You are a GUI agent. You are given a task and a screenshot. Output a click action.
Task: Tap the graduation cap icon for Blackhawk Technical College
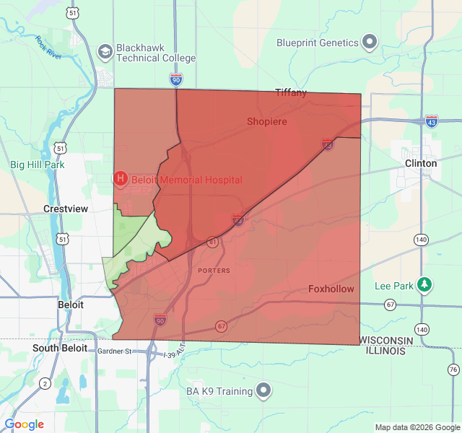point(105,51)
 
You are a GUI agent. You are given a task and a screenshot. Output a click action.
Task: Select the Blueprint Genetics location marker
point(370,43)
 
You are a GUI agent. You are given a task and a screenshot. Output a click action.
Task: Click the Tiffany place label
point(291,92)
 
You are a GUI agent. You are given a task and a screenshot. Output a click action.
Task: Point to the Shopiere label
point(267,121)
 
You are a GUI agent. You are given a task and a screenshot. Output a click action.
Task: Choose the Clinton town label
point(421,163)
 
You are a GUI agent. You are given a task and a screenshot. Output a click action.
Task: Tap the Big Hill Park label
point(38,165)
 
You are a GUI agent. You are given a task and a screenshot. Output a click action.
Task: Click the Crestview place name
point(65,209)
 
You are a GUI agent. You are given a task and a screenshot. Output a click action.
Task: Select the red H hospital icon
point(121,178)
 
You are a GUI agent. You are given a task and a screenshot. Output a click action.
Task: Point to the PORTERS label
point(213,271)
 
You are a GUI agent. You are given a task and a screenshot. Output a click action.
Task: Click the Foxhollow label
point(331,289)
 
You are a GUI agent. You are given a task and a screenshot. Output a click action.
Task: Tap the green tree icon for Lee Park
point(426,285)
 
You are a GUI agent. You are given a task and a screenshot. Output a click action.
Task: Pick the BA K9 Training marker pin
point(265,391)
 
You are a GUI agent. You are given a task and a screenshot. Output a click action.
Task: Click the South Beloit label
point(60,348)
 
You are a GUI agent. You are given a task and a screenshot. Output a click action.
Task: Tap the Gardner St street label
point(116,351)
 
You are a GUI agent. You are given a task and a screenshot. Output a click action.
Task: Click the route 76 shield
point(453,369)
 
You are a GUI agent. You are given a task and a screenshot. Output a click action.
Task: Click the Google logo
point(25,424)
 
